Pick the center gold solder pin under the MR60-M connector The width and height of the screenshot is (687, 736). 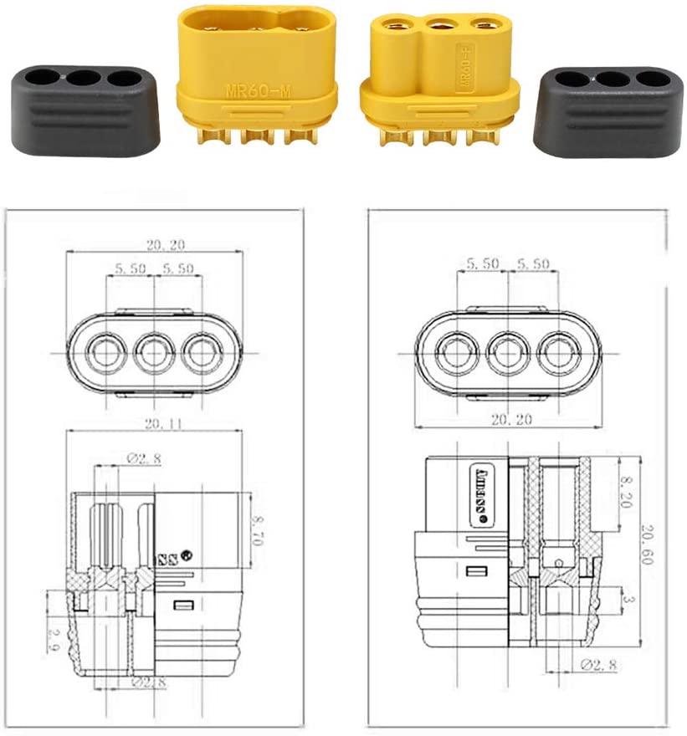coord(257,135)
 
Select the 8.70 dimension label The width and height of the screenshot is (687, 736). coord(257,530)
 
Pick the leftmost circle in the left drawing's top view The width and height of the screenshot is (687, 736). coord(105,351)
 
